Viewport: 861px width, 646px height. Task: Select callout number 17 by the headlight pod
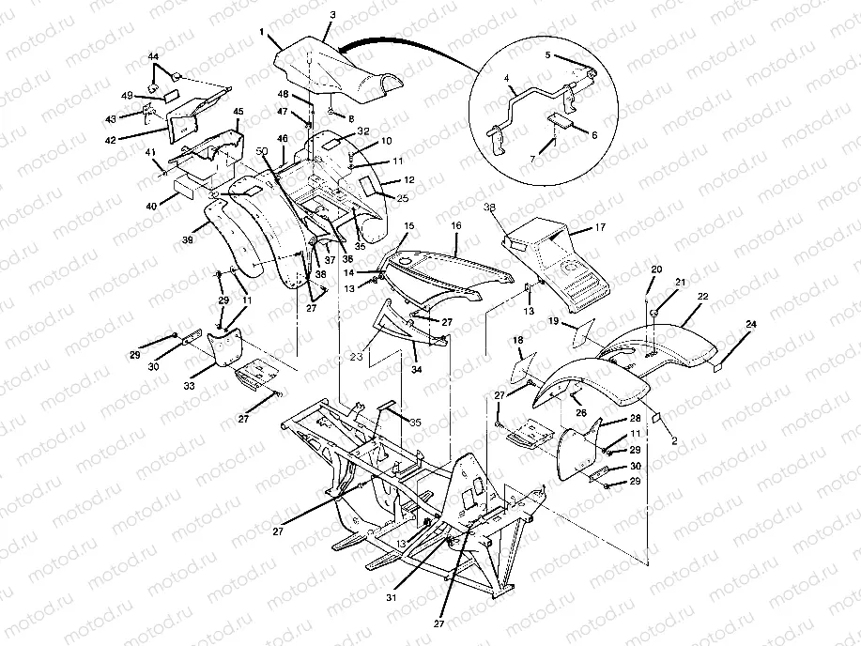[x=602, y=227]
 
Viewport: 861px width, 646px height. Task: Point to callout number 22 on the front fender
[x=702, y=296]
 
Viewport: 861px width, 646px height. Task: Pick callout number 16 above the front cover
[x=456, y=226]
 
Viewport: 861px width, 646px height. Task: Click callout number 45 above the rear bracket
[x=238, y=112]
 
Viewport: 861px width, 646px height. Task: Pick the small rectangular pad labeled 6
[x=561, y=121]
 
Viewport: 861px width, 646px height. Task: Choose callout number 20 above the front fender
[x=656, y=269]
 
